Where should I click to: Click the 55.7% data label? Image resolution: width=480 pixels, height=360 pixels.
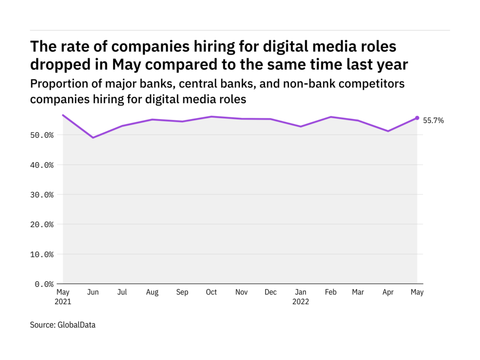tap(434, 120)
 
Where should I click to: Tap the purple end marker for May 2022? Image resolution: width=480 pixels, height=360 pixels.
tap(417, 118)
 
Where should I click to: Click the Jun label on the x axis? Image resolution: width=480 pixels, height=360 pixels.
tap(93, 292)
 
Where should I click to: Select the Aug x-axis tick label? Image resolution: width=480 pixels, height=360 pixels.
tap(152, 292)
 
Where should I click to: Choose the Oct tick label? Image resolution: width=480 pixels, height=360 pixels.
tap(211, 292)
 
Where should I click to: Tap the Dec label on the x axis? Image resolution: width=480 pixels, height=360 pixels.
tap(270, 292)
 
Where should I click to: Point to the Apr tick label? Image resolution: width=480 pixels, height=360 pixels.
tap(388, 292)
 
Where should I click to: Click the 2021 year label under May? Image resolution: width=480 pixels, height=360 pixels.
tap(63, 302)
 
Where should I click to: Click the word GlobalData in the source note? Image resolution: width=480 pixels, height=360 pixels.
tap(77, 324)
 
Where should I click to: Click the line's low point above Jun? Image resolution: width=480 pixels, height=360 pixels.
tap(93, 137)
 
